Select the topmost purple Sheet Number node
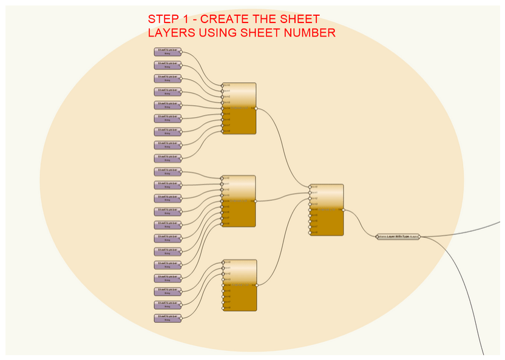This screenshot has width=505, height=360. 168,52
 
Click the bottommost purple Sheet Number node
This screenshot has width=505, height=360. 168,318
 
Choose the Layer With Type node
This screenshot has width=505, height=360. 398,237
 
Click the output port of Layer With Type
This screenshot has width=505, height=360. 419,237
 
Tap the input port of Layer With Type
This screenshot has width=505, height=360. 377,237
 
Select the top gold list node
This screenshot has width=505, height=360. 240,108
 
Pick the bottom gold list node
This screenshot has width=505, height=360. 240,285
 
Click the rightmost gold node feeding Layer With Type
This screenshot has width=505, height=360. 327,209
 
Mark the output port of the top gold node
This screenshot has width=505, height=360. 256,108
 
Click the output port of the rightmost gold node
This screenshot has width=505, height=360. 344,209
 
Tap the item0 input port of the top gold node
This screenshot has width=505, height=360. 223,85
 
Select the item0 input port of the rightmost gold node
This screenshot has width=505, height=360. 310,187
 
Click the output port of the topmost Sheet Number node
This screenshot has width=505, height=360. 181,52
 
